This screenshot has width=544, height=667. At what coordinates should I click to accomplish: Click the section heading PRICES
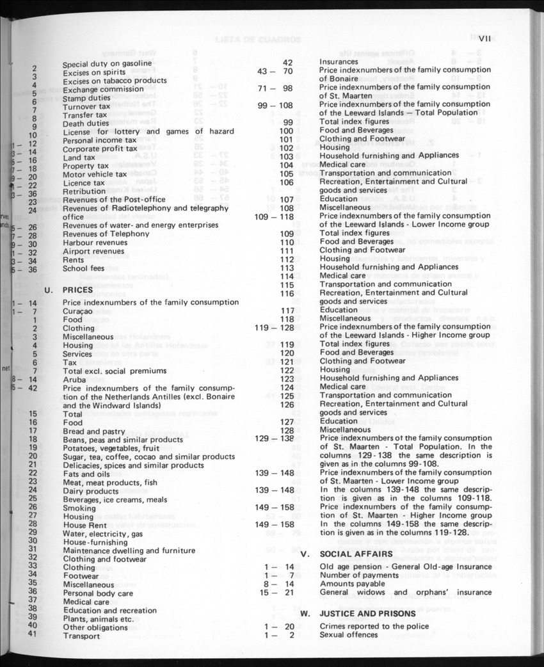[x=78, y=290]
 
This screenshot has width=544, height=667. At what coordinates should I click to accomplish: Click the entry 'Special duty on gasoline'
[x=107, y=64]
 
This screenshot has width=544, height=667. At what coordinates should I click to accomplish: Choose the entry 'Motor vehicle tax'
[x=95, y=174]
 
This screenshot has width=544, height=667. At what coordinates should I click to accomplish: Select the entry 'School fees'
[x=83, y=268]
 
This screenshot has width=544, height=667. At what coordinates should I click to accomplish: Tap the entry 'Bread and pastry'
[x=95, y=431]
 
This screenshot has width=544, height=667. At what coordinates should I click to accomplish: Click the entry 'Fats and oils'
[x=86, y=474]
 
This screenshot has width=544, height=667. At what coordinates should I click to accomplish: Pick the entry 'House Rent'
[x=84, y=525]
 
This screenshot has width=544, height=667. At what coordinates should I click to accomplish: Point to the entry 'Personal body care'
[x=98, y=593]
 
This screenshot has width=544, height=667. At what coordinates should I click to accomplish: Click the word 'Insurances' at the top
[x=339, y=61]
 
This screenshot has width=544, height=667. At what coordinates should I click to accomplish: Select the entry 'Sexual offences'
[x=349, y=635]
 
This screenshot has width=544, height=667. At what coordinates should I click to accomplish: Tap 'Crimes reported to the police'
[x=374, y=626]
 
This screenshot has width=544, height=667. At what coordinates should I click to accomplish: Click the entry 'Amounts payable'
[x=353, y=584]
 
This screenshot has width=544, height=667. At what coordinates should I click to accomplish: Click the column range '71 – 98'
[x=275, y=88]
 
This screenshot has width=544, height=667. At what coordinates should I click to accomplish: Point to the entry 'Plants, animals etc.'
[x=99, y=618]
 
